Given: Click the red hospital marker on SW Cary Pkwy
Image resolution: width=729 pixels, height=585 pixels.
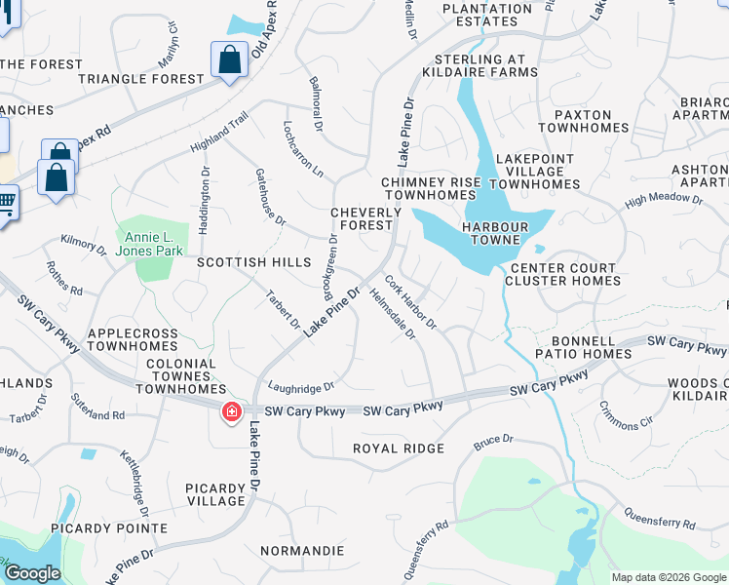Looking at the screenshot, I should pyautogui.click(x=232, y=412).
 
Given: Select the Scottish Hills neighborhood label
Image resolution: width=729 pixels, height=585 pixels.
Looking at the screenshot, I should pyautogui.click(x=253, y=263).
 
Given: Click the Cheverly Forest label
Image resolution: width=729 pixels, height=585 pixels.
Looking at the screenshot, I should pyautogui.click(x=365, y=218).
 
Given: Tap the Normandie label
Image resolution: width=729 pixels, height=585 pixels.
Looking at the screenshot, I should pyautogui.click(x=303, y=551).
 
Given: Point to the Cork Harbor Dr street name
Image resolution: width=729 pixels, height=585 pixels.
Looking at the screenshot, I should pyautogui.click(x=409, y=301).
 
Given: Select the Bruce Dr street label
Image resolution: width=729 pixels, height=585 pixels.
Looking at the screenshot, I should pyautogui.click(x=493, y=443).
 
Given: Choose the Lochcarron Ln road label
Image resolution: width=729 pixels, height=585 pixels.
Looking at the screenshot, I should pyautogui.click(x=302, y=149).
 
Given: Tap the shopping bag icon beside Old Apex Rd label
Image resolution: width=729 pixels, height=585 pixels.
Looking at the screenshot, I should pyautogui.click(x=229, y=60).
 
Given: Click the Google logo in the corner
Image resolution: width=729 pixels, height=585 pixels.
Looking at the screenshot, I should pyautogui.click(x=32, y=573).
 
